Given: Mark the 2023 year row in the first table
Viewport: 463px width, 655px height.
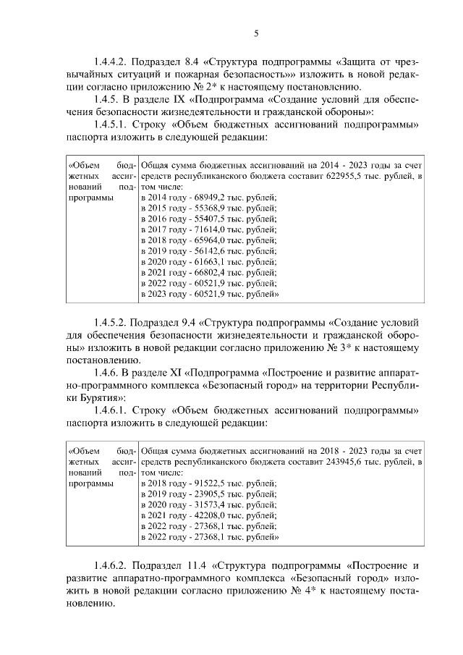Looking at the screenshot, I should click(210, 295).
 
